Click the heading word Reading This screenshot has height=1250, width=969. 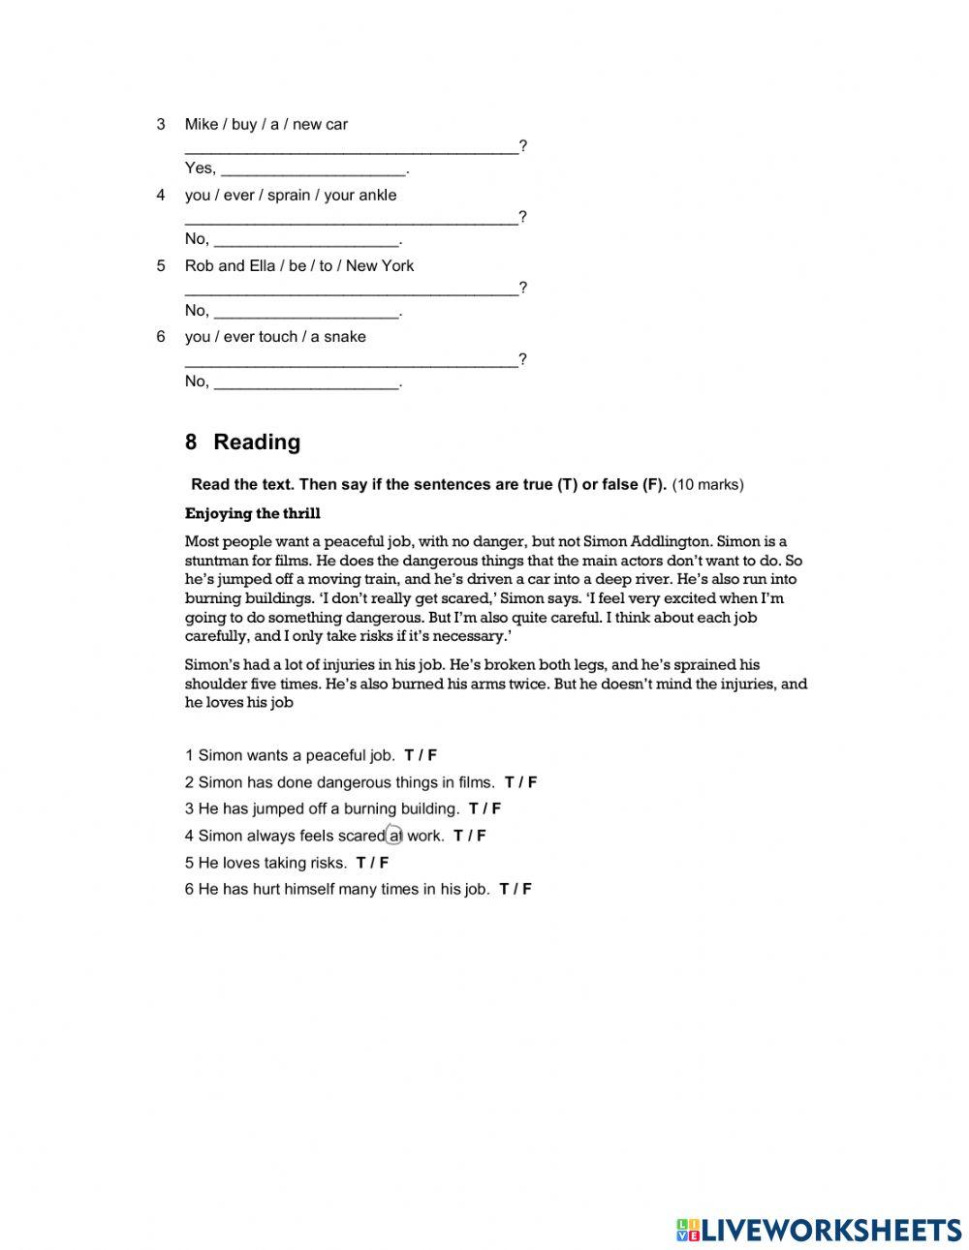[257, 442]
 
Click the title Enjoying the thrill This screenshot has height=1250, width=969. [252, 513]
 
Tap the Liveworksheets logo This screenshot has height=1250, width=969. [819, 1230]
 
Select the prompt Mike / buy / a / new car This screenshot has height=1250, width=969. [266, 124]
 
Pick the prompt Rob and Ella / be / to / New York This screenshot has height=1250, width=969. [298, 265]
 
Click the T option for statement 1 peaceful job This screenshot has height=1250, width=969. [410, 755]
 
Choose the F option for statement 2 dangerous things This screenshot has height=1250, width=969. [532, 782]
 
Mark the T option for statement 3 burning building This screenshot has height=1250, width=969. [474, 808]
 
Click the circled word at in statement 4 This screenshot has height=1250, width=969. [394, 836]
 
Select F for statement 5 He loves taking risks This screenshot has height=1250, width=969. [384, 863]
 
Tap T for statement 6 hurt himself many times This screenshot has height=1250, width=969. [505, 889]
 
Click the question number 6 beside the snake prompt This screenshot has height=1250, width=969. [161, 337]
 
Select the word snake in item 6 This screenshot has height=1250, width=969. [346, 337]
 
